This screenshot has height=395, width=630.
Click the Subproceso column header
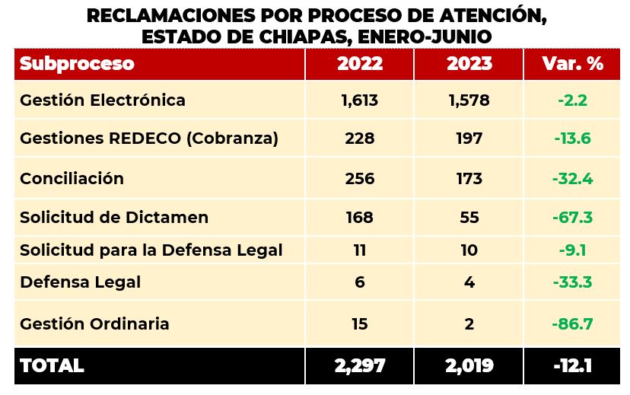pos(77,64)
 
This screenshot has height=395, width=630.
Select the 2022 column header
pos(360,64)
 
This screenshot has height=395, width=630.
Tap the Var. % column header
pos(572,64)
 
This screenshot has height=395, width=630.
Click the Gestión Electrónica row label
pos(103,100)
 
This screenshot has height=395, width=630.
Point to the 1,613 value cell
pos(360,100)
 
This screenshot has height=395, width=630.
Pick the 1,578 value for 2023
pos(469,100)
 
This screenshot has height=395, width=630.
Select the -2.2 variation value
pos(572,100)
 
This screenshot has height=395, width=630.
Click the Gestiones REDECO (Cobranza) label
pos(149,139)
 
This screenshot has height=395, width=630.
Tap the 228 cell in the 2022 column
pos(360,139)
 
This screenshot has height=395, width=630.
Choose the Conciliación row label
pos(72,179)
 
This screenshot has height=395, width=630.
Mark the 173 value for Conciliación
pos(469,179)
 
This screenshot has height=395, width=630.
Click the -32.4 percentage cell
pos(572,179)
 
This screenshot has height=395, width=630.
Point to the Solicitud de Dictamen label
pos(114,218)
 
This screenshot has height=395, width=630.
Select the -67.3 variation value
pos(572,218)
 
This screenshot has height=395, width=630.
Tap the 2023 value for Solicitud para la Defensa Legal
pos(469,250)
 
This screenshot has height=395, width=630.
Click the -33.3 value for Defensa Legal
pos(572,282)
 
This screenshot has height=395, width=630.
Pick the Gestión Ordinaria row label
pos(94,324)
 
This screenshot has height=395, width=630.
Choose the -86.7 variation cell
pos(572,324)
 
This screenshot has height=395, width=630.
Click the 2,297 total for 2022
pos(360,365)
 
